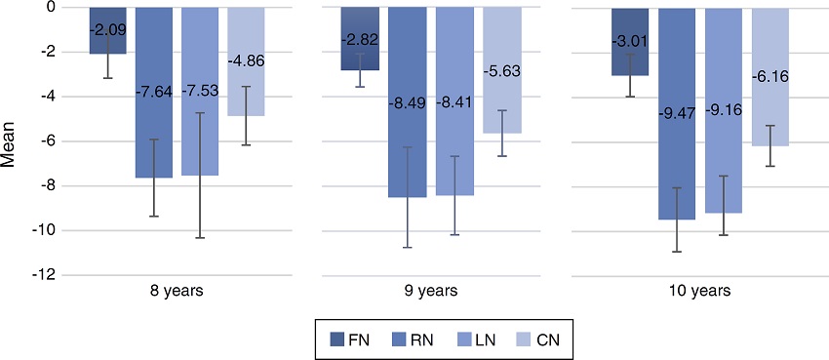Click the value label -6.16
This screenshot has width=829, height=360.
[x=770, y=75]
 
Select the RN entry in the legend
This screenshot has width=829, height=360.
[x=403, y=339]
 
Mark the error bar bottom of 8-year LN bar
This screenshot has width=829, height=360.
[x=200, y=237]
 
